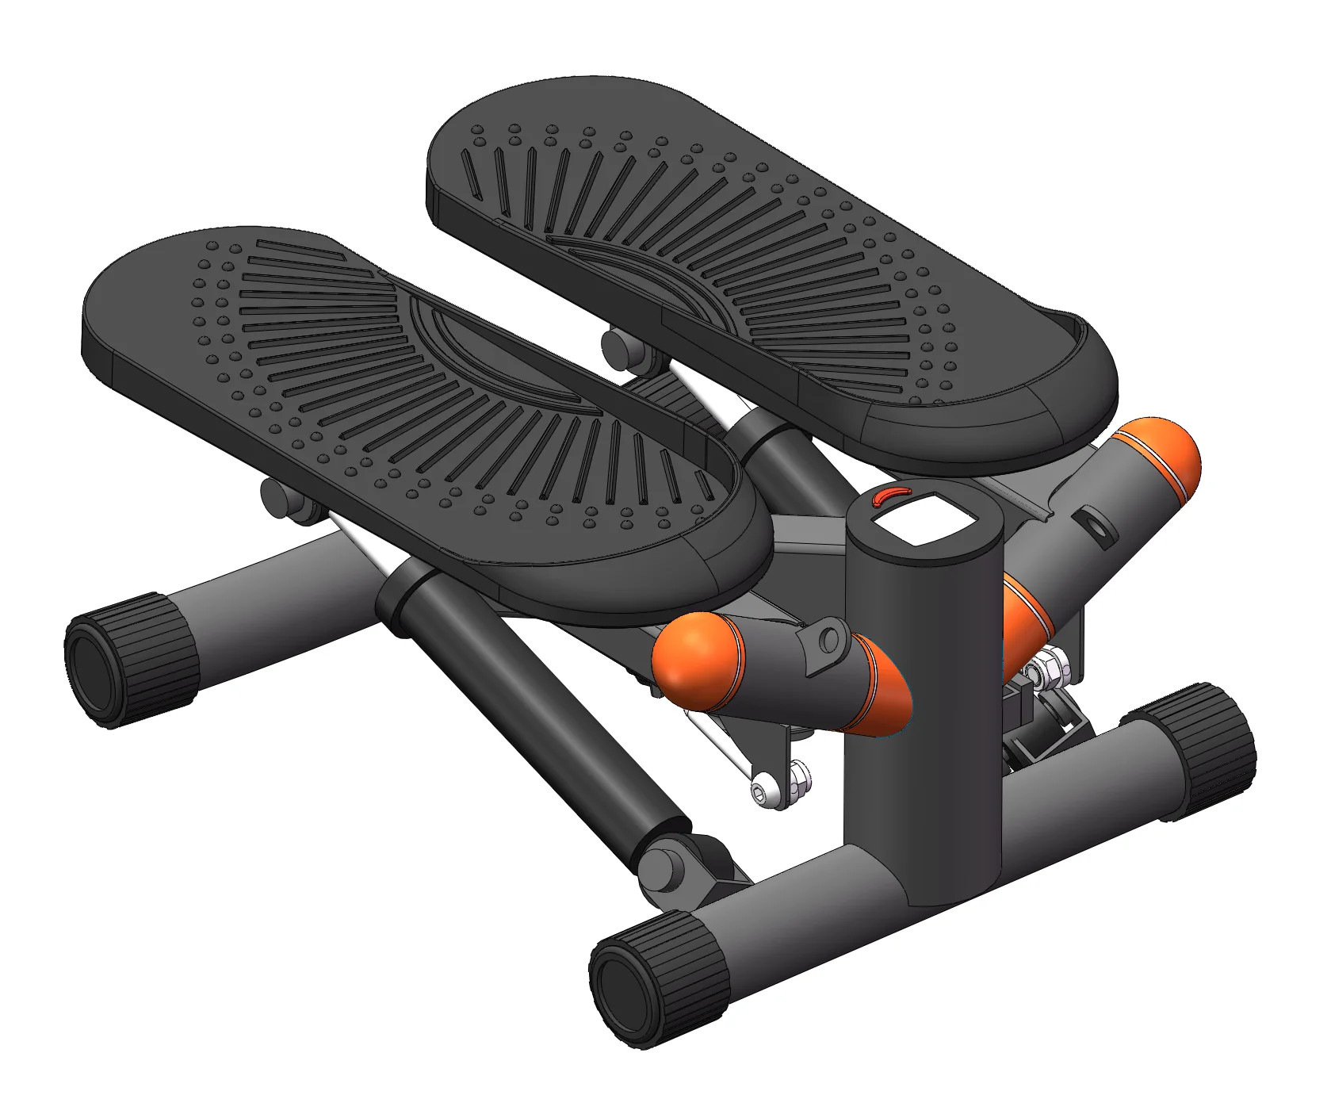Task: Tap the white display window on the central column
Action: [x=924, y=519]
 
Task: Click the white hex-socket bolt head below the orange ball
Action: [x=763, y=792]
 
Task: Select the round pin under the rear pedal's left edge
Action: [x=618, y=346]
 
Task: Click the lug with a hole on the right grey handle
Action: [x=1095, y=526]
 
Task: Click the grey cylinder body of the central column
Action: [x=924, y=714]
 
